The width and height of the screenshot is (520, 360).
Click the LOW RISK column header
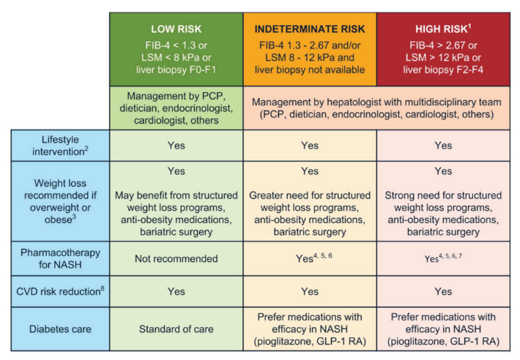point(176,29)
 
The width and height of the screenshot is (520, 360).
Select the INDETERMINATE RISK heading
point(310,29)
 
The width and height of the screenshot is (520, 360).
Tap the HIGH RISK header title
point(443,29)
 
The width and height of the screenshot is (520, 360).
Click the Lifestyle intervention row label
point(60,146)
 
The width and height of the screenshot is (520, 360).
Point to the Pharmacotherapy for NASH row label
point(60,258)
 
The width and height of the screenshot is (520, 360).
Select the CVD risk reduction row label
point(60,291)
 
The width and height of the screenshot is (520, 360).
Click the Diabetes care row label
point(60,329)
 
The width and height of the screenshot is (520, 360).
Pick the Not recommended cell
point(176,258)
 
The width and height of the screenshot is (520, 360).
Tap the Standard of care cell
point(176,329)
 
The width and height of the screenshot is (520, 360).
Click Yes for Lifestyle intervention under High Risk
point(443,146)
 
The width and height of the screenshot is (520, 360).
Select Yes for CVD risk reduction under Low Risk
point(176,291)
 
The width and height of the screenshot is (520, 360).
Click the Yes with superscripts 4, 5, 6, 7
point(443,258)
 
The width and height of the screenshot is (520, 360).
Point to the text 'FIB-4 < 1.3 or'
point(176,45)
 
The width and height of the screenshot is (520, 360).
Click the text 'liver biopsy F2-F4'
point(443,70)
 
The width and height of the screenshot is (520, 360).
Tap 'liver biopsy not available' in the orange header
point(310,70)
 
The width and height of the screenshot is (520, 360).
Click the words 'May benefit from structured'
point(176,195)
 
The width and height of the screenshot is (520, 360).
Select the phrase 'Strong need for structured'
point(443,195)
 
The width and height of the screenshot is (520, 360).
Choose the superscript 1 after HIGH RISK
point(469,26)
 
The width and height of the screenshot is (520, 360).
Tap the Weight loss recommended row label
point(60,201)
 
